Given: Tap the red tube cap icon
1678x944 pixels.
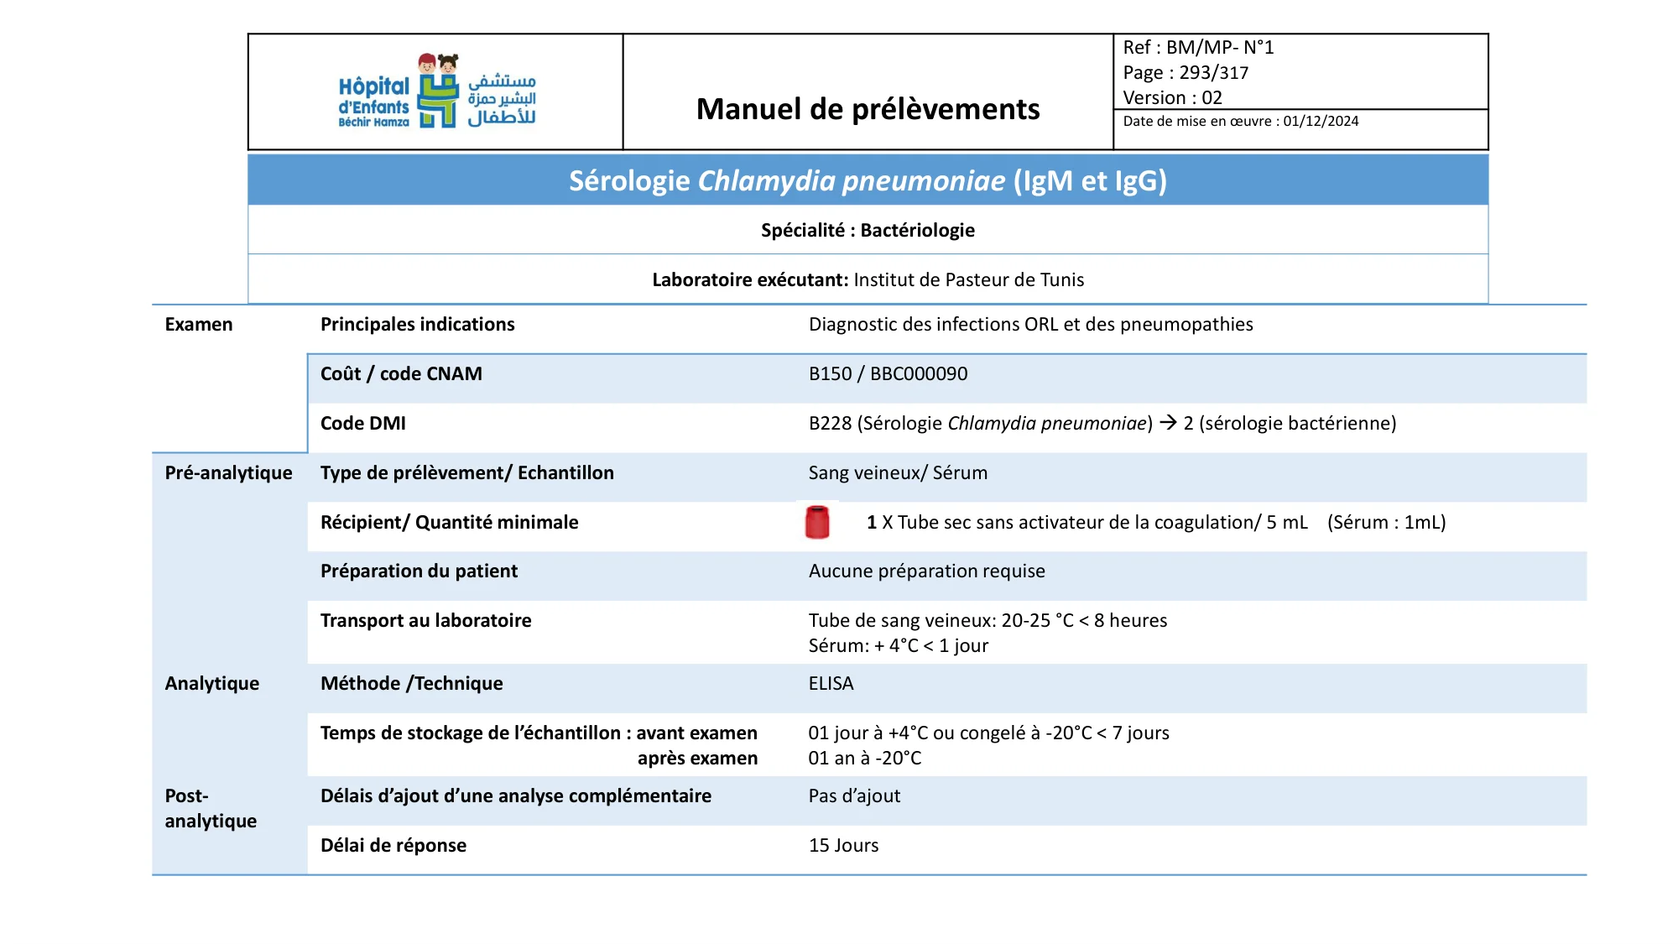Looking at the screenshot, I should pos(817,522).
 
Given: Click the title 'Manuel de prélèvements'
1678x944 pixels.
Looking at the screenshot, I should pos(868,109).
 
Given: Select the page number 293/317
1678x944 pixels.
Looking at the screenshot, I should pos(1213,73).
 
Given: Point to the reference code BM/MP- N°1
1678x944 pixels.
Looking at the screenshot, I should pos(1219,48).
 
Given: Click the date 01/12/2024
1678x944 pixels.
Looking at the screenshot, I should pos(1321,121).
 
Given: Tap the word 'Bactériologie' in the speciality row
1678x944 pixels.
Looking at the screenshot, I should pos(917,230).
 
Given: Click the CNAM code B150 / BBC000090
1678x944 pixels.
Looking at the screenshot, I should pos(888,374).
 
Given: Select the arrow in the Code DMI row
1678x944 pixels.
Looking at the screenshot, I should pos(1168,423).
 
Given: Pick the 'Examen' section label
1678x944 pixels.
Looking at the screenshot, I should pos(199,325).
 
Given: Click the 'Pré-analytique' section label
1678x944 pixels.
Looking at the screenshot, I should pos(228,473).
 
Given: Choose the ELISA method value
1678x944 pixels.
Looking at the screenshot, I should pos(831,684).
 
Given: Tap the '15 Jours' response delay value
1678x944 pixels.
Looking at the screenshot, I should pos(843,846).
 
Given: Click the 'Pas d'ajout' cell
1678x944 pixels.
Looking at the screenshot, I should pos(854,796).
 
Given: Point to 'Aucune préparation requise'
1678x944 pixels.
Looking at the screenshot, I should pos(926,571).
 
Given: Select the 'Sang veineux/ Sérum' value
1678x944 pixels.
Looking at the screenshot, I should pos(898,473).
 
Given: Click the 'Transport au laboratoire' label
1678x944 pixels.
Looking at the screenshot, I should pos(425,621).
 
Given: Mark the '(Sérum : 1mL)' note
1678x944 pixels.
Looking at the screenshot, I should pos(1386,523).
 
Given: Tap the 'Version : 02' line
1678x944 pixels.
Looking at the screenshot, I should pos(1172,98).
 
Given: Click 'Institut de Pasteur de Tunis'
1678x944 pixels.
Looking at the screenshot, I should pos(968,280).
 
